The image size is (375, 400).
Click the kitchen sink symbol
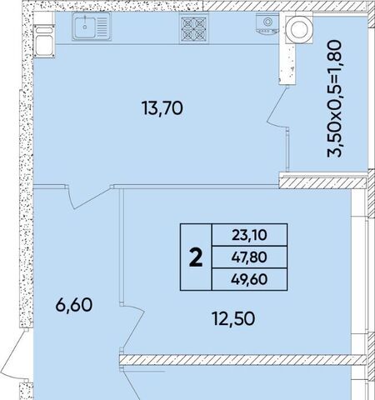coord(92,27)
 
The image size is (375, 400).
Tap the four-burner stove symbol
coord(193,28)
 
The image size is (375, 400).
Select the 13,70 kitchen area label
coord(162,108)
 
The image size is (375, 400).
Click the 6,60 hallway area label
coord(73,305)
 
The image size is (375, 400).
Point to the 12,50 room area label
coord(233,318)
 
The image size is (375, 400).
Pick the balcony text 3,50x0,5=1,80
coord(334,99)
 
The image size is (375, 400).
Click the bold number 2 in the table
coord(196,257)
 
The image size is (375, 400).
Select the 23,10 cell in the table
coord(249,235)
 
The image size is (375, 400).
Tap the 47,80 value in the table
coord(249,257)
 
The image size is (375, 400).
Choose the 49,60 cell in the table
coord(249,279)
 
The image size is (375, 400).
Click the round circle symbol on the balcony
coord(299,28)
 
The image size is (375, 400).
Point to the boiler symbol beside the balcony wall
coord(267,24)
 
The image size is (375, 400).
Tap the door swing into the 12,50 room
coord(132,327)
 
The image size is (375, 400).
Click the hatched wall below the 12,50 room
coord(243,359)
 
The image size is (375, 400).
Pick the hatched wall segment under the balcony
coord(322,183)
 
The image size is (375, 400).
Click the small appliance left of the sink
coord(44,41)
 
